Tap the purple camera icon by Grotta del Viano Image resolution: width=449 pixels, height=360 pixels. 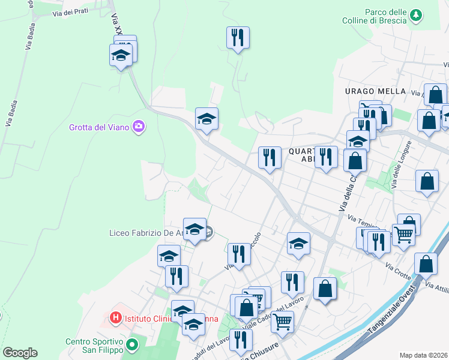coord(139,127)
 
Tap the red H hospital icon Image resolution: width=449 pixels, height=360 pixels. coord(115,317)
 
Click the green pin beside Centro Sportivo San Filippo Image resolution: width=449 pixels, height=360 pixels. coord(132,345)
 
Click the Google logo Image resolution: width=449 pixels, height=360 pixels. coord(19,352)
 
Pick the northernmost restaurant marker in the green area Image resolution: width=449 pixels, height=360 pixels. coord(238,38)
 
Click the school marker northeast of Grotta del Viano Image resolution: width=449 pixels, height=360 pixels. coord(206,119)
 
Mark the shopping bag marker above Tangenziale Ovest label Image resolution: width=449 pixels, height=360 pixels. coord(425,264)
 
